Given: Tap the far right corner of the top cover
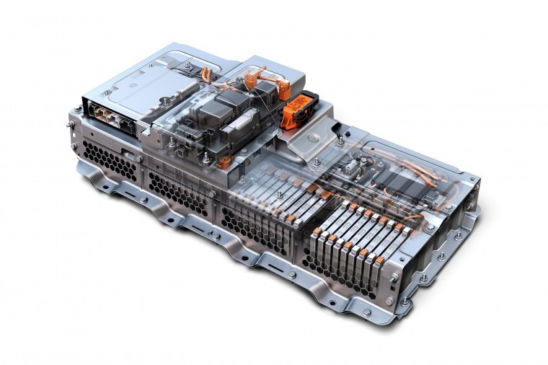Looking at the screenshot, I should (x=476, y=176).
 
